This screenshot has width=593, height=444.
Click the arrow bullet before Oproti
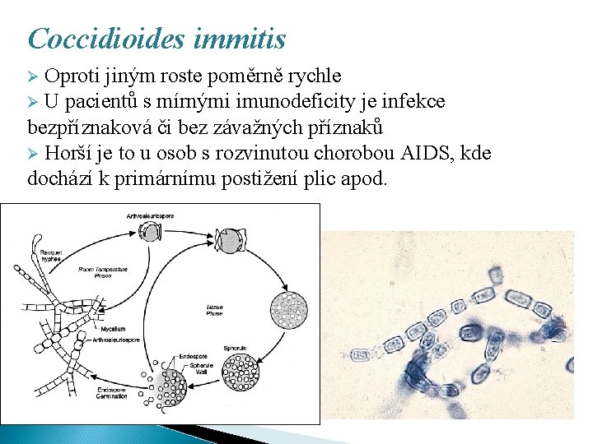pyautogui.click(x=34, y=77)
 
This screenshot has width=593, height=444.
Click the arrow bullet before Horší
pyautogui.click(x=34, y=154)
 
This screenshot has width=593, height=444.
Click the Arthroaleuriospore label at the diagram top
pyautogui.click(x=151, y=215)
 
